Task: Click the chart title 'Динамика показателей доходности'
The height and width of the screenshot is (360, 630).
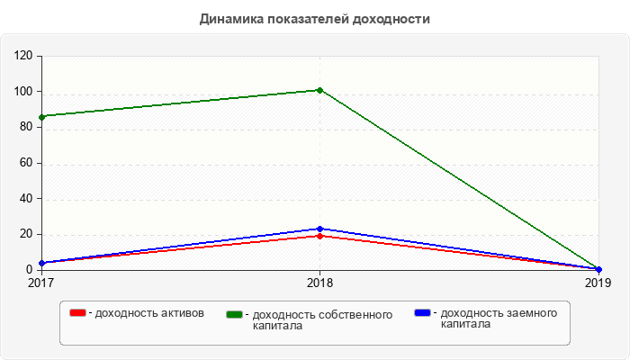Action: pyautogui.click(x=314, y=19)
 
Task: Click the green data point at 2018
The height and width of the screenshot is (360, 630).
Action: pyautogui.click(x=319, y=90)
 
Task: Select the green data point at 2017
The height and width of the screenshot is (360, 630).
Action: pyautogui.click(x=41, y=117)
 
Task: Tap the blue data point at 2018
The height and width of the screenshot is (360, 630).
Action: pyautogui.click(x=319, y=229)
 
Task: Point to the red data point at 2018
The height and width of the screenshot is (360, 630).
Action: pyautogui.click(x=319, y=236)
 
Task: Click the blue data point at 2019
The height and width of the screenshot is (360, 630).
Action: pyautogui.click(x=598, y=269)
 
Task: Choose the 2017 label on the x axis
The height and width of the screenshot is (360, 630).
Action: pyautogui.click(x=41, y=283)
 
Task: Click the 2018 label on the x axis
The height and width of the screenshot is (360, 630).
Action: pyautogui.click(x=319, y=283)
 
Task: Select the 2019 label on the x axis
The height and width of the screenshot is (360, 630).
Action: pyautogui.click(x=598, y=283)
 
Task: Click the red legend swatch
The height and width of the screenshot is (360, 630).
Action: pyautogui.click(x=78, y=313)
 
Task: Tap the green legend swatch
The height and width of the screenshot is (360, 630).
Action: pyautogui.click(x=235, y=314)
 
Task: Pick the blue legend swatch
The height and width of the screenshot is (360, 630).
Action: pyautogui.click(x=422, y=313)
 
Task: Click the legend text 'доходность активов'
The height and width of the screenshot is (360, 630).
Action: pyautogui.click(x=148, y=313)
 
